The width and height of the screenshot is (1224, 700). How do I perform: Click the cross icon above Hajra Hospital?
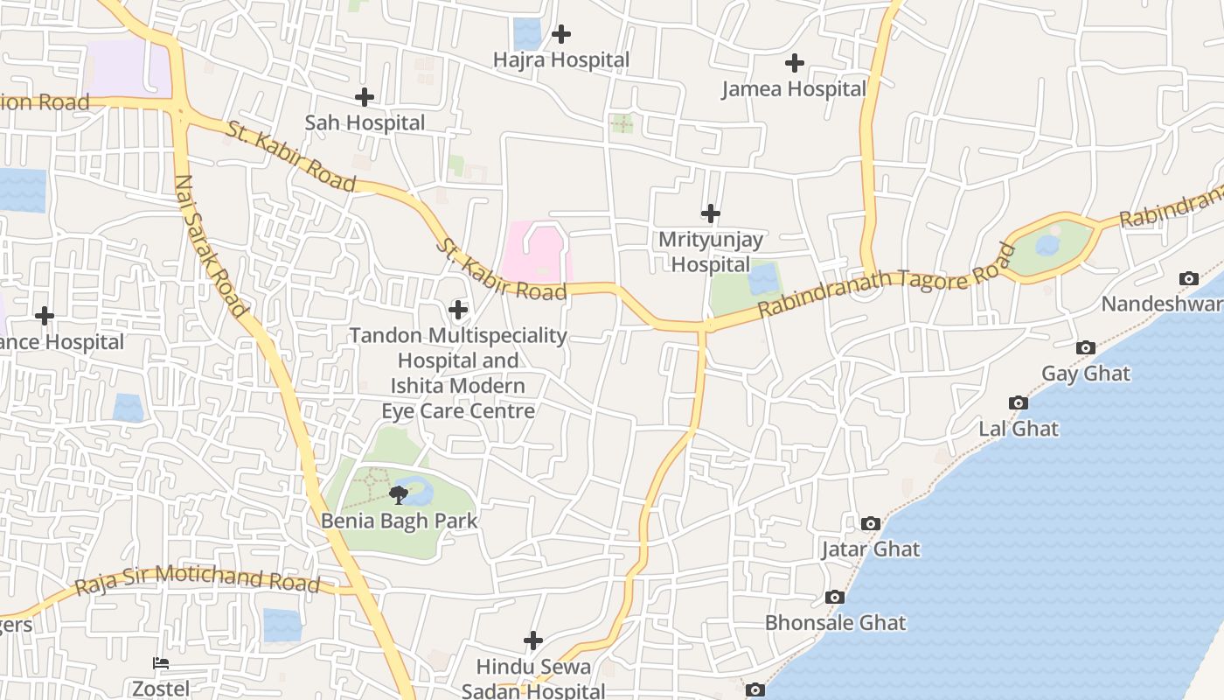click(x=561, y=34)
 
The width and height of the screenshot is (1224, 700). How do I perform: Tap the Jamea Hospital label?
click(x=794, y=89)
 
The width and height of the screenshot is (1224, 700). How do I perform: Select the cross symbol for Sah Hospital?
click(x=365, y=97)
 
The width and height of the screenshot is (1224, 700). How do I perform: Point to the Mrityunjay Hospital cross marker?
click(x=711, y=213)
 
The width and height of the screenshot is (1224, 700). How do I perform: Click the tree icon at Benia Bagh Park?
click(x=399, y=495)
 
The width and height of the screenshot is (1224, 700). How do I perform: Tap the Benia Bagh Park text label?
click(x=400, y=521)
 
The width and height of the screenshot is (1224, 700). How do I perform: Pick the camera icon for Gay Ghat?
click(x=1085, y=347)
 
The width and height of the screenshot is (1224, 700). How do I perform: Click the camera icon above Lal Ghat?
click(x=1019, y=402)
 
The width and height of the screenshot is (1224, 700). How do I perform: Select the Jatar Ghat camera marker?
click(x=870, y=523)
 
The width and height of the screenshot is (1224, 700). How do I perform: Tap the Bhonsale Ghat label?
click(x=835, y=623)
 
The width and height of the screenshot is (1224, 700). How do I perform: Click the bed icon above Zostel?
click(x=161, y=662)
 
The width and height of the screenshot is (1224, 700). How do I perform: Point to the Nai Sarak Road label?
click(x=211, y=246)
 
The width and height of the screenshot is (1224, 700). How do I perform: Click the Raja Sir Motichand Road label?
click(x=197, y=580)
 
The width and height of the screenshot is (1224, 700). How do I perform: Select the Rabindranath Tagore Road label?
click(x=887, y=280)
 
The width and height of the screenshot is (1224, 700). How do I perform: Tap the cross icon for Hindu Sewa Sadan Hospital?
click(x=533, y=640)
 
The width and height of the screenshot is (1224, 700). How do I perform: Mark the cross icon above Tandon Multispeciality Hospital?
click(x=458, y=309)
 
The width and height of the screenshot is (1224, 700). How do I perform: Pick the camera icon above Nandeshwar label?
click(x=1189, y=278)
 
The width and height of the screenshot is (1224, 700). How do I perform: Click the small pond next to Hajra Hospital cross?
click(x=527, y=33)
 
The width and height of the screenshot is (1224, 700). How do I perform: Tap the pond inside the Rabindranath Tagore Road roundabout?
click(x=1048, y=245)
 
